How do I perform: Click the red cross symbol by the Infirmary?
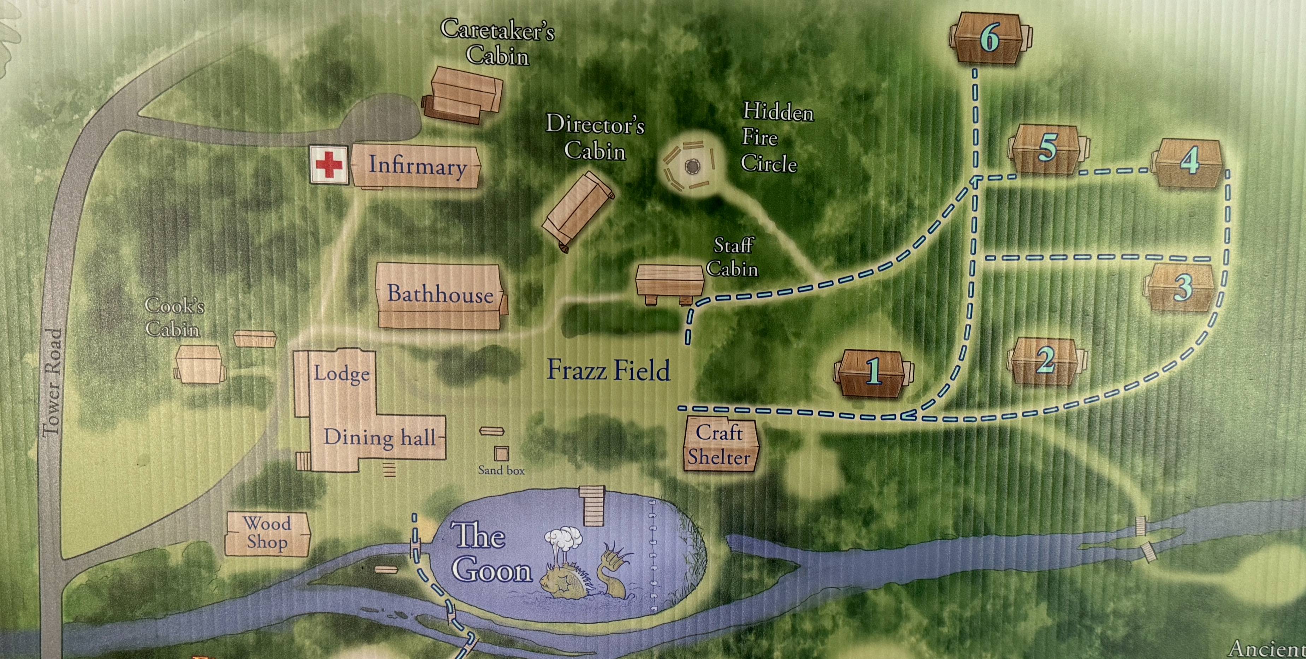click(x=329, y=165)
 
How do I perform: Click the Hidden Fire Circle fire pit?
click(x=692, y=166)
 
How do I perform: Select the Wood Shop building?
click(x=267, y=533)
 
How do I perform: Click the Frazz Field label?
click(x=608, y=370)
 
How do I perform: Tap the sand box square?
click(x=501, y=453)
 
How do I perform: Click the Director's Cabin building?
click(x=578, y=210)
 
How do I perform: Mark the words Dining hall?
click(x=380, y=437)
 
